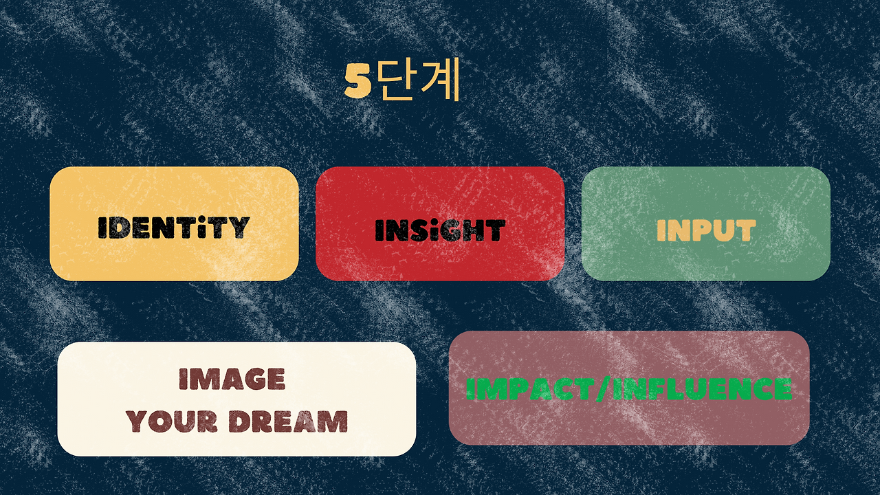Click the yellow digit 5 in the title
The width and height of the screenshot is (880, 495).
[x=357, y=82]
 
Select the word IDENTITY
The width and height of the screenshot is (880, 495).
[x=173, y=227]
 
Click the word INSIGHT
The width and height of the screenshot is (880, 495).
[x=440, y=230]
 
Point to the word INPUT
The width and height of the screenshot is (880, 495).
[x=706, y=230]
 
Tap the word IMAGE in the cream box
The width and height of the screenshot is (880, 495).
[x=232, y=379]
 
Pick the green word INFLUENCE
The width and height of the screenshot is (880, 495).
[x=701, y=389]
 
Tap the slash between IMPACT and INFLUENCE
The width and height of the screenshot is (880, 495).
[x=600, y=389]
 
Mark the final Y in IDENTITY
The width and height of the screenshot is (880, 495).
[x=239, y=227]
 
